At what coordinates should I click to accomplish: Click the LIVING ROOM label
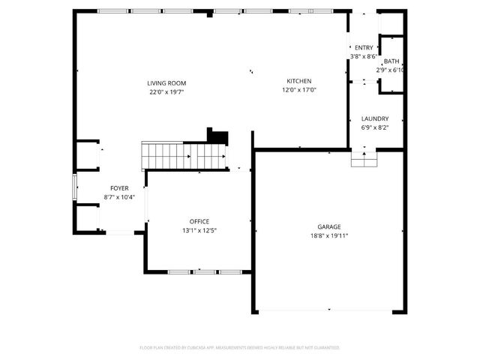166,83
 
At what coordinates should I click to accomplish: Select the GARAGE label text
329,226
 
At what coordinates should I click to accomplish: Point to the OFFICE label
199,221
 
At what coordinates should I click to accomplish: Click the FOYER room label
119,188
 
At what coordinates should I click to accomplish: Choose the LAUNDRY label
374,118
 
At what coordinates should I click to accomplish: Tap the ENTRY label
364,48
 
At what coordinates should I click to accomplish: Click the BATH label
391,61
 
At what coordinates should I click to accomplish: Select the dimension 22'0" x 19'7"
166,91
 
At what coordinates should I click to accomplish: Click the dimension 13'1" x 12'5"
199,230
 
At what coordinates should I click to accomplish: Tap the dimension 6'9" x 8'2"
374,127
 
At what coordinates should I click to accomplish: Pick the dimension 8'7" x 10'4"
119,197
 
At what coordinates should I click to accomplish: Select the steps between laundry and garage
364,159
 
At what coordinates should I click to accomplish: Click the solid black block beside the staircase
217,135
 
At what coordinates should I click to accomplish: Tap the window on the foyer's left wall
73,187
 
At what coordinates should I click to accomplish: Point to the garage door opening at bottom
329,310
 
